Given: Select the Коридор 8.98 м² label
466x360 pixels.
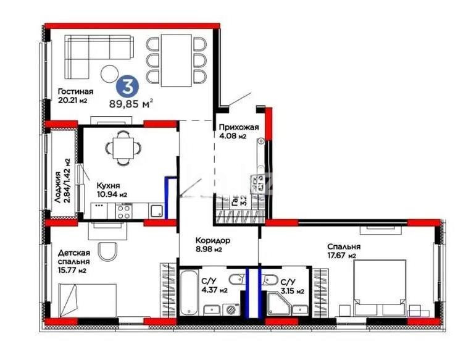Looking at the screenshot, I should coord(214,245).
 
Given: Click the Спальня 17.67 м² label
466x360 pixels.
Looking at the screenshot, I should coord(344,251).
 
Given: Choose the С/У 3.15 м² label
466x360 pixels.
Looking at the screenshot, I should coord(292,285).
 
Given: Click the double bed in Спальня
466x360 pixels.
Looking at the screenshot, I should coord(379,288).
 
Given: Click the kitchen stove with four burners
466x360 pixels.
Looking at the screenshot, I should coord(123,212).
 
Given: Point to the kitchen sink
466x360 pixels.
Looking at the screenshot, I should coord(157,211).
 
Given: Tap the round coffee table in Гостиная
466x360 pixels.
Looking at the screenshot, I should coord(112,72).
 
